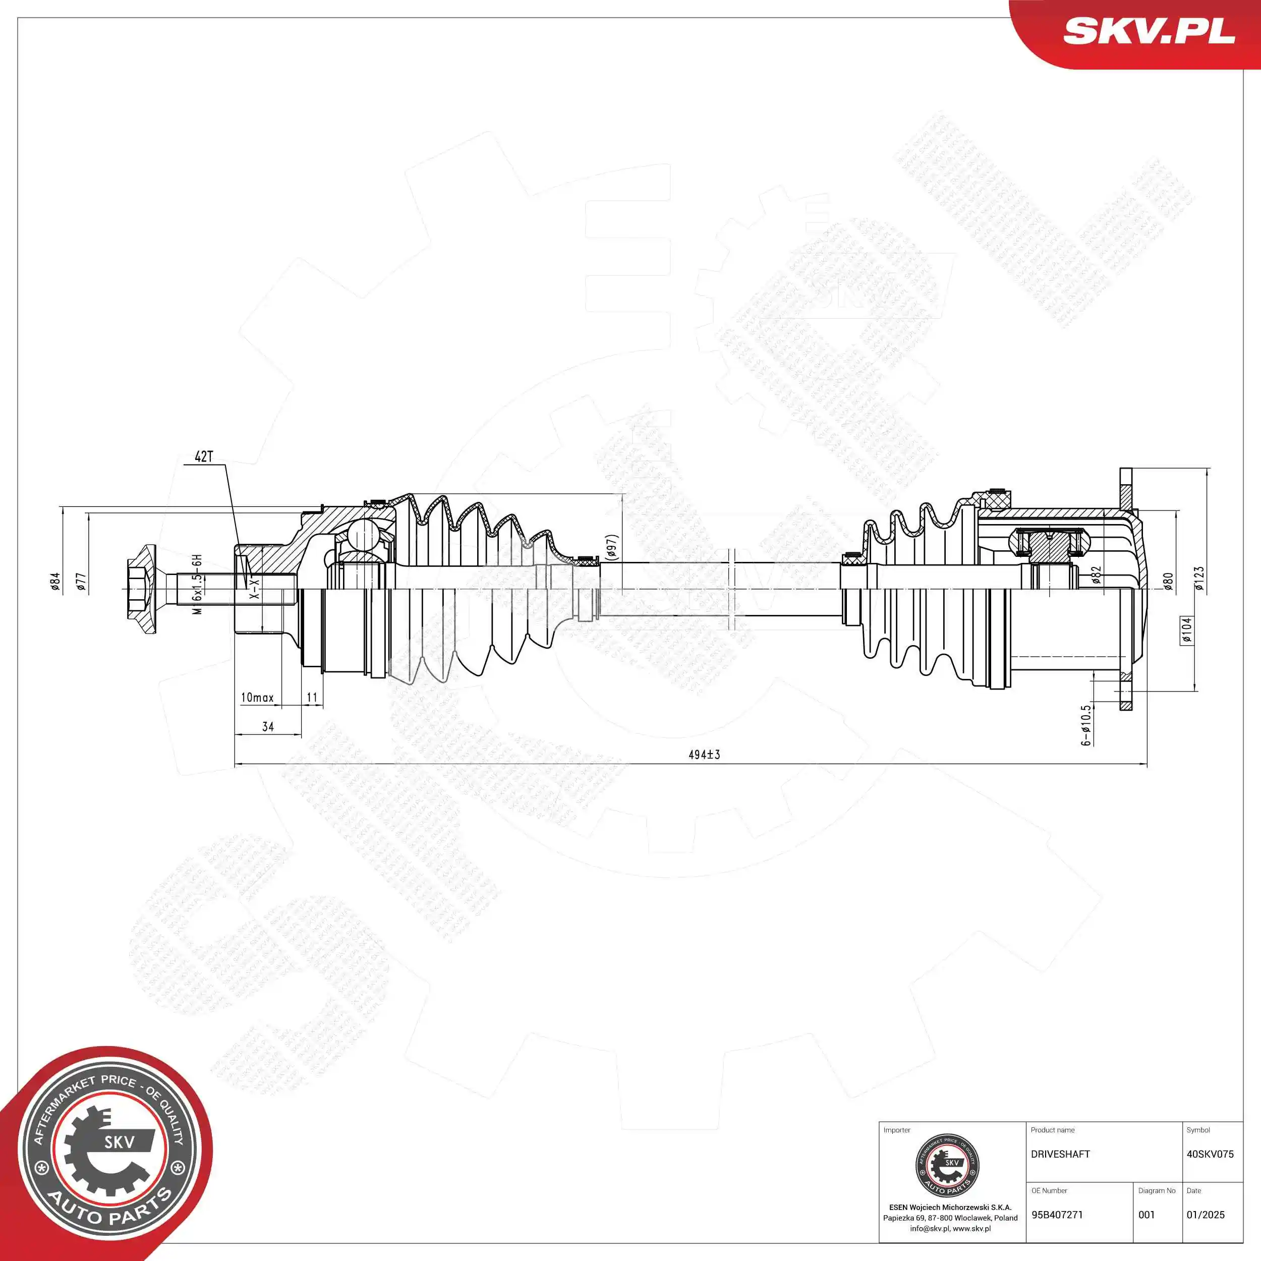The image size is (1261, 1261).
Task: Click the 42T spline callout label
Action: (x=204, y=456)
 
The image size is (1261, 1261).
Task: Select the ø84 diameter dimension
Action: (x=55, y=581)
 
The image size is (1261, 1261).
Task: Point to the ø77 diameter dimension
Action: (x=80, y=581)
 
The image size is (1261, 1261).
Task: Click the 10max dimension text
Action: (x=257, y=698)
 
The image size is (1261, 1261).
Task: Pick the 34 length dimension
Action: (x=268, y=726)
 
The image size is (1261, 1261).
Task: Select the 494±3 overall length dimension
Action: (x=704, y=755)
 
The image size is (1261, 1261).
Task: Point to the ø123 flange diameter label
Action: (x=1199, y=578)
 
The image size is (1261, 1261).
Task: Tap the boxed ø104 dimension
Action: (x=1186, y=630)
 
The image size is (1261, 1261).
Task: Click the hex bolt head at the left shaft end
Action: (x=141, y=589)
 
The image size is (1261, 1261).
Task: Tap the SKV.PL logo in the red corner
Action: (x=1149, y=31)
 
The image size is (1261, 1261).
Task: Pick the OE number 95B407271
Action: (x=1057, y=1215)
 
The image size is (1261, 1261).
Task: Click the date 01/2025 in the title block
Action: (x=1205, y=1215)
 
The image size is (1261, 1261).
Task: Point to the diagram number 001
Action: (x=1146, y=1215)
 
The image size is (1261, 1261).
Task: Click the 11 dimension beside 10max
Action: (x=312, y=698)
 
